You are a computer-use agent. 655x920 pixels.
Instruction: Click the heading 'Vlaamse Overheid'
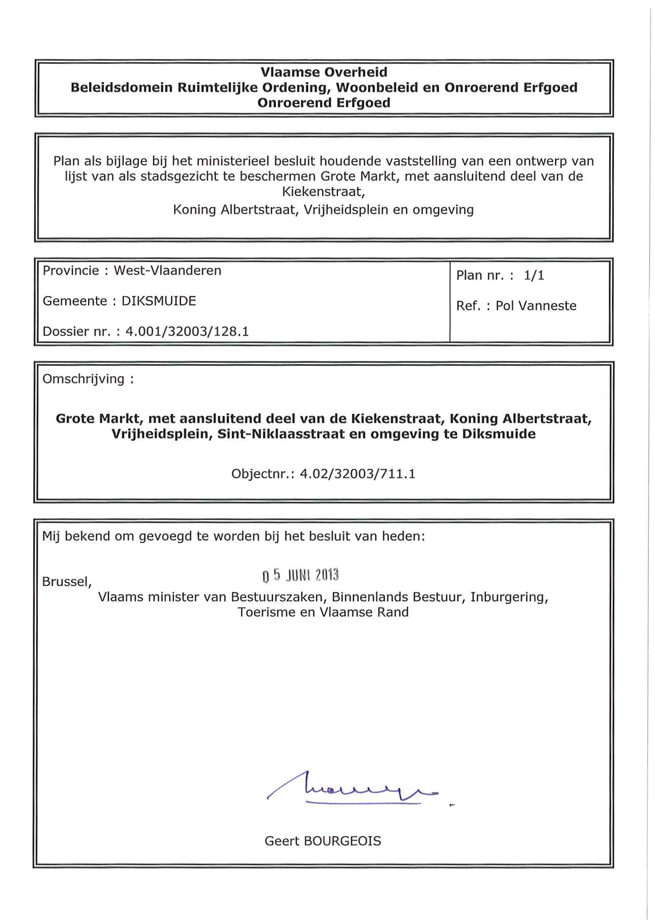click(323, 72)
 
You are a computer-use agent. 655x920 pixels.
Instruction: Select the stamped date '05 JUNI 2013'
click(300, 575)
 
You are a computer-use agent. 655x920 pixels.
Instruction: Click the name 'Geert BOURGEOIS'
click(323, 841)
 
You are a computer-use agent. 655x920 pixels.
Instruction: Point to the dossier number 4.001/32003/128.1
click(187, 331)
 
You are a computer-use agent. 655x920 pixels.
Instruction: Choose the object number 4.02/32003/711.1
click(357, 474)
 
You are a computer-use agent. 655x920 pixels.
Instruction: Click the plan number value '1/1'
click(534, 275)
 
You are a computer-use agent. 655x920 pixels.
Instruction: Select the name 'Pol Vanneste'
click(536, 306)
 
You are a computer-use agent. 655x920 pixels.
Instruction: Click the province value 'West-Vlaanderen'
click(168, 270)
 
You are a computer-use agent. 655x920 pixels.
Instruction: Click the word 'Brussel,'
click(67, 582)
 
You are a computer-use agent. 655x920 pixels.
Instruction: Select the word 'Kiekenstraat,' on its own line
click(323, 191)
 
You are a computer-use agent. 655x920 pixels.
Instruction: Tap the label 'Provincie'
click(70, 270)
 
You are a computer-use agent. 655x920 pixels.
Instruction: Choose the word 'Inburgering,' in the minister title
click(509, 597)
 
